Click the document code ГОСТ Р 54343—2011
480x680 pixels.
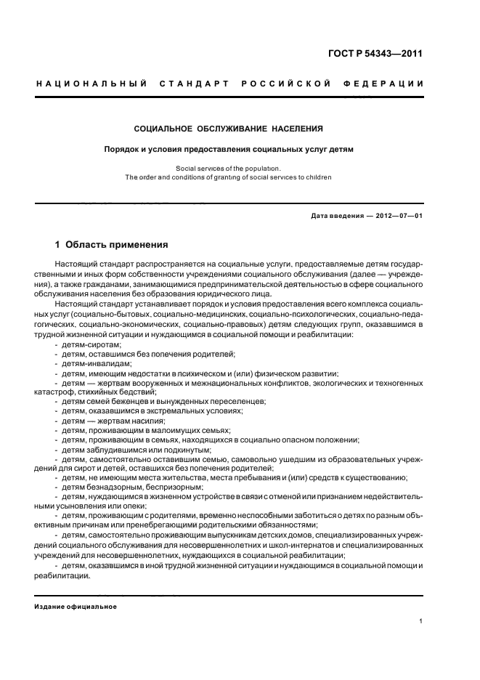(x=375, y=53)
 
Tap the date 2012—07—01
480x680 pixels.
(x=402, y=215)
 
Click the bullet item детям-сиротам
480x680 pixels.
(x=91, y=344)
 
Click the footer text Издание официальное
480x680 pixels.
(x=76, y=606)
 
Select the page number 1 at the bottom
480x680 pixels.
(x=420, y=621)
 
